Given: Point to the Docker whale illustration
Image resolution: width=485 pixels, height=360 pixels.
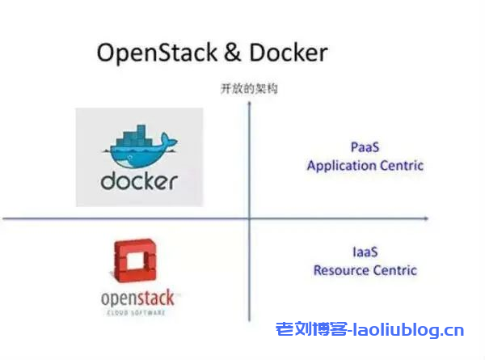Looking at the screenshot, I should click(x=138, y=149).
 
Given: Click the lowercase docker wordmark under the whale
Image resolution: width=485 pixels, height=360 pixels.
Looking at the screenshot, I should click(x=138, y=180).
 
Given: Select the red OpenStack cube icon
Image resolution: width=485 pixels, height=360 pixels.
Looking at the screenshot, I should click(x=132, y=264).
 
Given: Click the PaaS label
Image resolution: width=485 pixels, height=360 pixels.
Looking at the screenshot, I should click(x=365, y=148).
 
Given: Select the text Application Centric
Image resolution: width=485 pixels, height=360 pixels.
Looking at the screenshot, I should click(x=365, y=165).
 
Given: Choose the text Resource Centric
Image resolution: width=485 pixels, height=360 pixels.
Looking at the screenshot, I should click(x=365, y=270).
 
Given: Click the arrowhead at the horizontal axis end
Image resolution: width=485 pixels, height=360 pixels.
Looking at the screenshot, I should click(x=425, y=218).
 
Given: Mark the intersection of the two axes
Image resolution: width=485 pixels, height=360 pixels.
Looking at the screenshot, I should click(x=250, y=218).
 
